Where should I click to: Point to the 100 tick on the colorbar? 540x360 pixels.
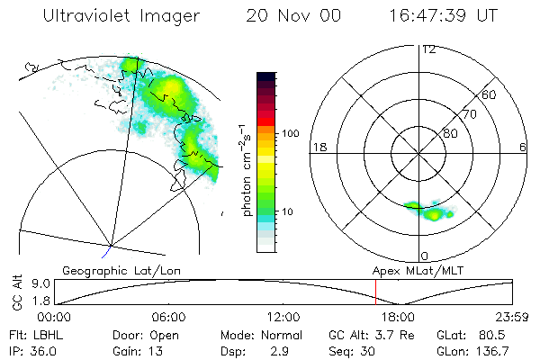(292, 133)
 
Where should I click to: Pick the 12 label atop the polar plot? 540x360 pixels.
(428, 49)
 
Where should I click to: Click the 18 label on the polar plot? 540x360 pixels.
(318, 147)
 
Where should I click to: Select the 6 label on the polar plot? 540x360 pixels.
(523, 147)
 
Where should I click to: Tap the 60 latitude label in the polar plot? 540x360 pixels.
(490, 94)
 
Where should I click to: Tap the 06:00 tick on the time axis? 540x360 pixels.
(168, 318)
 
